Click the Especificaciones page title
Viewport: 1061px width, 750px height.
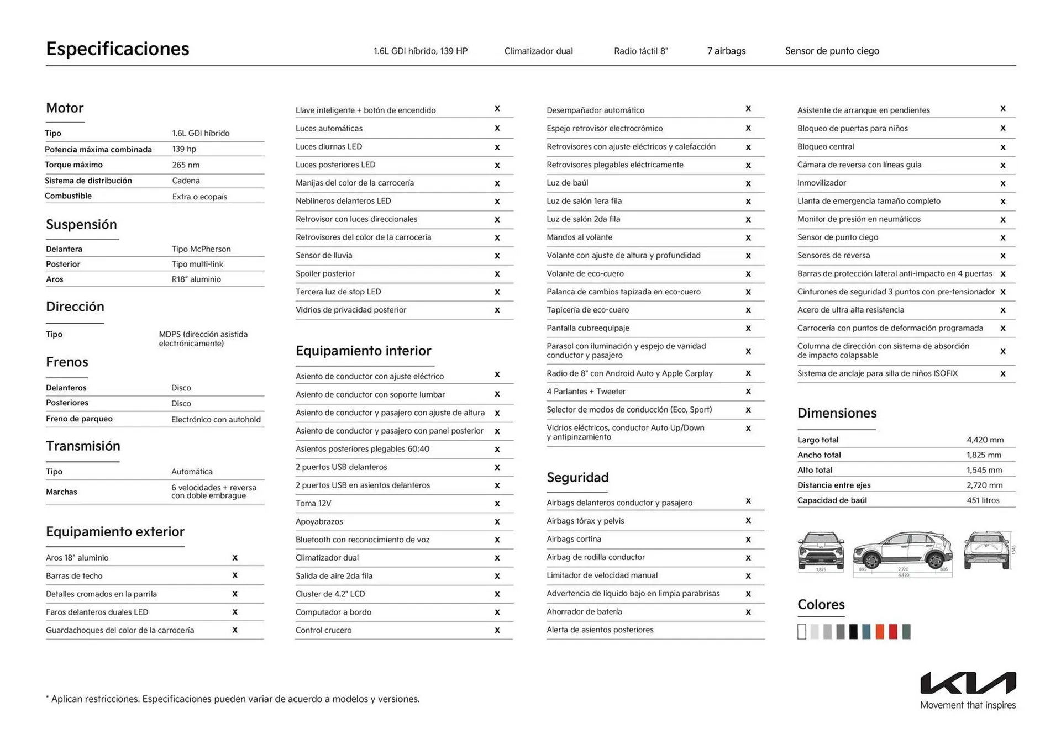coord(117,49)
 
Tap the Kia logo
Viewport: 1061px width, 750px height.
coord(968,683)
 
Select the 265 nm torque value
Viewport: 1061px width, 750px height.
coord(186,165)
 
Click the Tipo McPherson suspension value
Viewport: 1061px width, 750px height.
coord(201,249)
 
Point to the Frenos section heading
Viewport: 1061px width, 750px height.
coord(67,362)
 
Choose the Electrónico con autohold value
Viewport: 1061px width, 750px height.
coord(216,420)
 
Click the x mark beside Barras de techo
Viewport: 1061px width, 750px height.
coord(235,575)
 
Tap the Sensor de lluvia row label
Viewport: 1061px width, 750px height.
coord(324,256)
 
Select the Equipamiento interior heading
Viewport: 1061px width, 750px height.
coord(363,351)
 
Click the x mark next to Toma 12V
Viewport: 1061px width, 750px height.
coord(497,504)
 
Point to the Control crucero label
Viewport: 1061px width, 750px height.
coord(323,631)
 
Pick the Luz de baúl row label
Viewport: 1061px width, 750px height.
coord(567,183)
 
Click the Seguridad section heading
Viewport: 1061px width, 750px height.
coord(577,478)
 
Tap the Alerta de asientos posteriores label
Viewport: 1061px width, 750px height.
coord(600,630)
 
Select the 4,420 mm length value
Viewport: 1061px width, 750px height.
coord(985,440)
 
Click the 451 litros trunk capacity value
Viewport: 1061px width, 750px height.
coord(983,501)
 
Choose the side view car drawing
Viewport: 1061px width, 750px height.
coord(902,553)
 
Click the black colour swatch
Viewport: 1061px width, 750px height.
coord(853,632)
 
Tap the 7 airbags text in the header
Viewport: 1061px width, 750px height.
coord(726,51)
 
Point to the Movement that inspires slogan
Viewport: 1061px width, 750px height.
coord(968,705)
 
